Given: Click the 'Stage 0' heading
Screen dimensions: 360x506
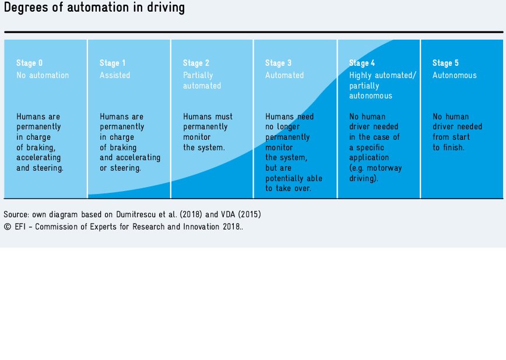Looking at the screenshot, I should click(x=29, y=63).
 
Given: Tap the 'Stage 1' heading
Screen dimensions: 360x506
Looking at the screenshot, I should click(x=113, y=63).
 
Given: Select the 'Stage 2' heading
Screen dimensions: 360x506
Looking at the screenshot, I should click(x=196, y=63).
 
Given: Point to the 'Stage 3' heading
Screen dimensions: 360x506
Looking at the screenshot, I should click(x=278, y=63).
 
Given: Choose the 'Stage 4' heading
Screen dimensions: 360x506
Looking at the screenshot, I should click(x=362, y=63).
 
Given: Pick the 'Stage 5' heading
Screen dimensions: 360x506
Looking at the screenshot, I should click(x=445, y=63).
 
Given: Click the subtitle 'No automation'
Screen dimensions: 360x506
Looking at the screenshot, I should click(x=43, y=75).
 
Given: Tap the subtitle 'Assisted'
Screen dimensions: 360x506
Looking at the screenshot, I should click(x=115, y=75).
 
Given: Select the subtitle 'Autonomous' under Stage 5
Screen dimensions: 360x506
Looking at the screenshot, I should click(x=454, y=75).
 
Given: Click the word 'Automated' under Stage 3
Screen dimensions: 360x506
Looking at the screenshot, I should click(x=284, y=75).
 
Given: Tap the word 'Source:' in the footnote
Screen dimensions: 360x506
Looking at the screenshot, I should click(x=16, y=214).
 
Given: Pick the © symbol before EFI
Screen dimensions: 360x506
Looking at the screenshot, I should click(x=8, y=227).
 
